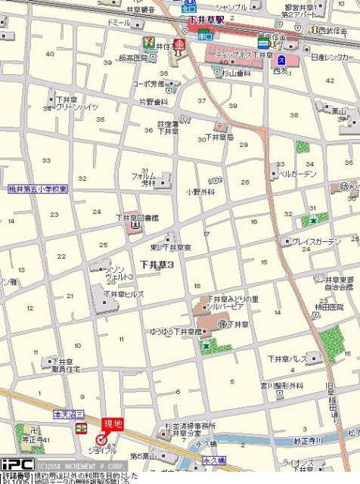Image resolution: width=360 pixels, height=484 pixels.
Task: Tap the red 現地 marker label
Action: (113, 424)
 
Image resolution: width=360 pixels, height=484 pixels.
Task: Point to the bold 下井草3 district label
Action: (157, 264)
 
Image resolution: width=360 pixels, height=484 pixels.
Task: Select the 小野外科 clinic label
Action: (200, 192)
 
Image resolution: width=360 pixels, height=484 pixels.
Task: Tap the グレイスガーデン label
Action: (316, 241)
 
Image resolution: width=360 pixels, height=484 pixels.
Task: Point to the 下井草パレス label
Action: (287, 358)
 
